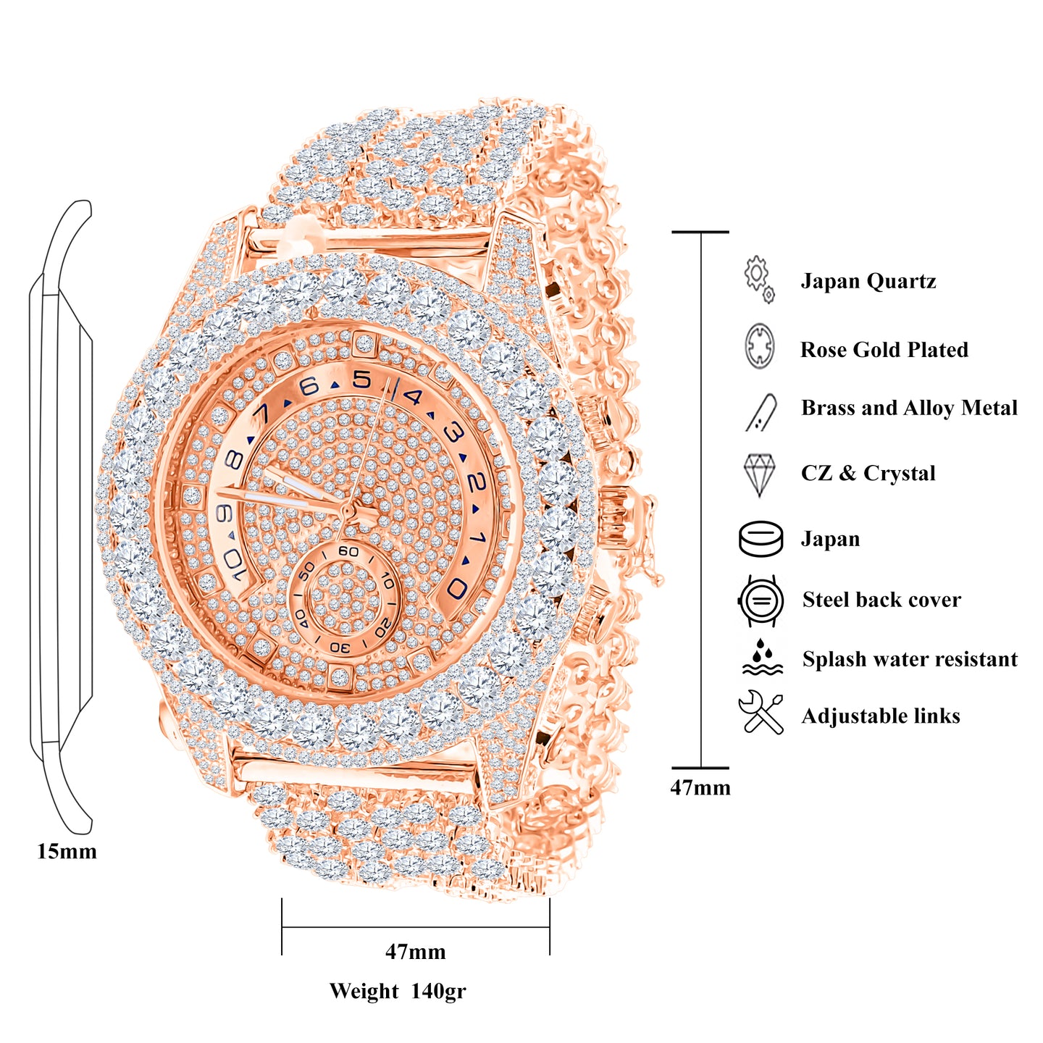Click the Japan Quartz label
tap(868, 281)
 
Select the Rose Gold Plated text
tap(884, 350)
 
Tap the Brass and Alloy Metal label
tap(909, 408)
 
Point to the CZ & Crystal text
tap(868, 473)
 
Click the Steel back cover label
tap(881, 600)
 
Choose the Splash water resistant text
tap(910, 659)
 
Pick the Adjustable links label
tap(881, 716)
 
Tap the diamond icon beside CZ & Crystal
tap(759, 474)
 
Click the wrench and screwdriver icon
tap(761, 713)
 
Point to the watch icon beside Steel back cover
tap(761, 600)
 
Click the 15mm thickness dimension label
tap(67, 851)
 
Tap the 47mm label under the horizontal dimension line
tap(415, 951)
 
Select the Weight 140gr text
tap(398, 991)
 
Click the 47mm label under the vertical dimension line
tap(700, 787)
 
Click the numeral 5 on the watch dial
tap(361, 380)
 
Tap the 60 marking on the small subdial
tap(348, 552)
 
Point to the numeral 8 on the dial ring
tap(233, 461)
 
